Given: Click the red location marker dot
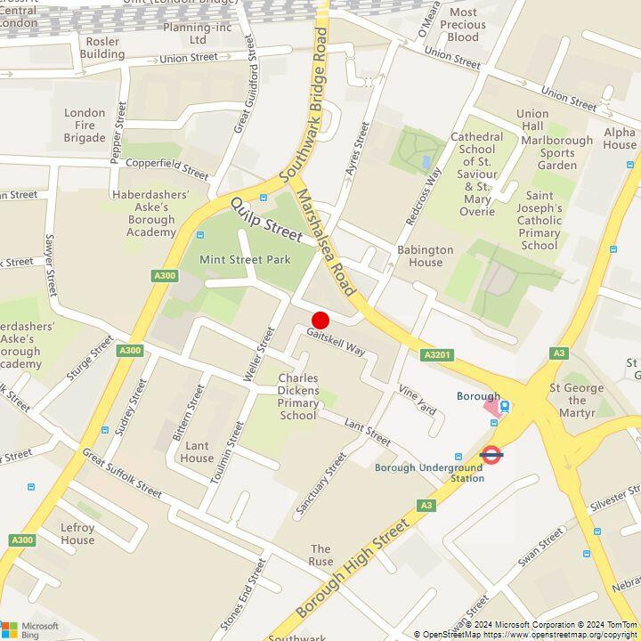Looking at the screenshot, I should click(320, 320).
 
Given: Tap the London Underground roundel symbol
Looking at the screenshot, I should click(491, 455).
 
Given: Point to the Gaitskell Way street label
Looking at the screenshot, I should click(337, 343).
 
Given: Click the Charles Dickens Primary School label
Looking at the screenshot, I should click(297, 396).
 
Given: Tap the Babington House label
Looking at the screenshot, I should click(425, 256).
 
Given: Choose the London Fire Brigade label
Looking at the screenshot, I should click(85, 125).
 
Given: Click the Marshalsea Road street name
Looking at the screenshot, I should click(327, 241).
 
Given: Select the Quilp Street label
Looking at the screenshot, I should click(266, 219).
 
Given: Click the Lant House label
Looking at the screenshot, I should click(197, 451).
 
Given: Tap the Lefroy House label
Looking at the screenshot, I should click(77, 533).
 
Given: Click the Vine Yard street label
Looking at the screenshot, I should click(417, 400).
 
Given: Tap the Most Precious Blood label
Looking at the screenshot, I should click(463, 25).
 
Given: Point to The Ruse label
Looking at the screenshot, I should click(320, 556).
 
